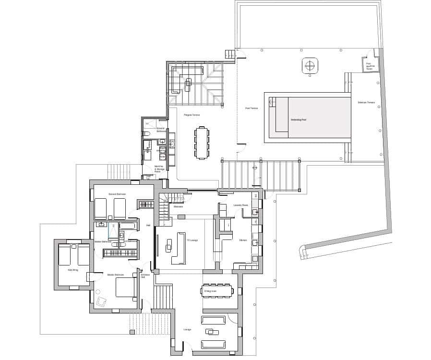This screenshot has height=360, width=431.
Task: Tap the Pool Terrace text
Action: tap(251, 108)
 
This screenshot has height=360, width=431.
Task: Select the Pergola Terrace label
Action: tap(192, 115)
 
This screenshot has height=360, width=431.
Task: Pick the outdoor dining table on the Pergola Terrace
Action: tap(202, 143)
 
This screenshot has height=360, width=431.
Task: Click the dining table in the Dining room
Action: tap(217, 291)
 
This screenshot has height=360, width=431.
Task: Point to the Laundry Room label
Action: tap(240, 205)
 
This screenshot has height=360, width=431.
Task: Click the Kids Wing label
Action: tap(72, 270)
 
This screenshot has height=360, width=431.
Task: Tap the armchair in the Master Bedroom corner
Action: tap(101, 301)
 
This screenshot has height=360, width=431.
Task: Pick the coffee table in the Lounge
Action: tap(210, 332)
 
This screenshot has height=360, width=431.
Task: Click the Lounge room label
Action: tap(187, 329)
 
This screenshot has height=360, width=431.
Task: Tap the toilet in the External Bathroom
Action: tap(147, 133)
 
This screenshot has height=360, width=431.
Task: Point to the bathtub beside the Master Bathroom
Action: tap(128, 225)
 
